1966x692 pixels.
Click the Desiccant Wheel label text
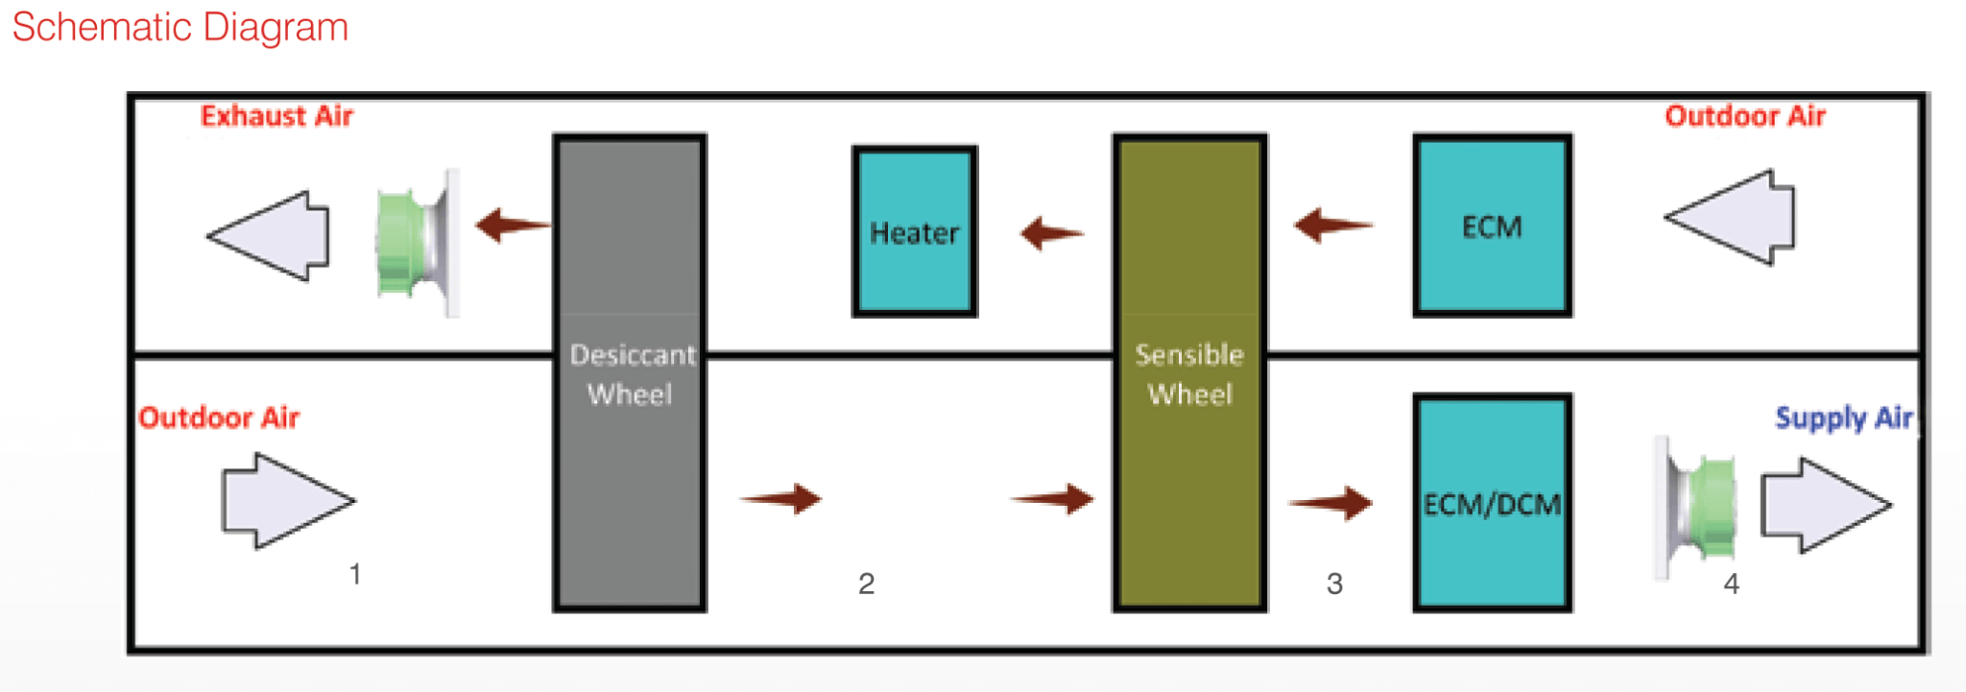[631, 374]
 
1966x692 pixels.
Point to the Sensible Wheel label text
[1189, 374]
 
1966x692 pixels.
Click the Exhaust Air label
[276, 116]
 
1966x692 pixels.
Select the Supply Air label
[1843, 418]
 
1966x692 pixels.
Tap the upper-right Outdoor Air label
[1744, 116]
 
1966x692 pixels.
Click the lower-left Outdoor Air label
[219, 418]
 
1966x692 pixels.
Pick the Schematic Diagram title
[180, 27]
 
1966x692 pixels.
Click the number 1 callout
[355, 574]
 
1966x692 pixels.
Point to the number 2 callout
[866, 584]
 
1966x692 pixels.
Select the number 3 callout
[1334, 584]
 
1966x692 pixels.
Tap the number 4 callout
[1731, 584]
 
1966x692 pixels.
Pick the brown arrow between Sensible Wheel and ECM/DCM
[1332, 502]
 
